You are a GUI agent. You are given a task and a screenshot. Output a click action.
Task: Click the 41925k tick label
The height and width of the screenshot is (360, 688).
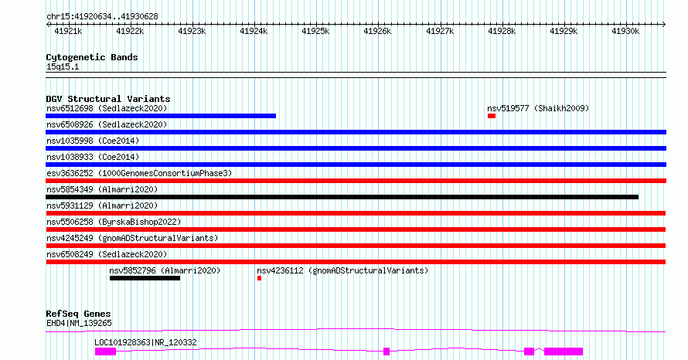point(315,32)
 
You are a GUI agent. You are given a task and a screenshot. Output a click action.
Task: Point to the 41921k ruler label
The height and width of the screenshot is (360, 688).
point(68,32)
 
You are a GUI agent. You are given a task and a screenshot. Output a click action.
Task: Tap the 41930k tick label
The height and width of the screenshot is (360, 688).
point(625,32)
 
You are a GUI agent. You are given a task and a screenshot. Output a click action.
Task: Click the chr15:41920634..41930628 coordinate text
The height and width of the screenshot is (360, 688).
point(102,17)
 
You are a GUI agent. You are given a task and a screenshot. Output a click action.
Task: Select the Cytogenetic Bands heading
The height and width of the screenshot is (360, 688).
point(92,57)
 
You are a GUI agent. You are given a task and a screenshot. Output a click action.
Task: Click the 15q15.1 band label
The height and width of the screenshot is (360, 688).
point(63,67)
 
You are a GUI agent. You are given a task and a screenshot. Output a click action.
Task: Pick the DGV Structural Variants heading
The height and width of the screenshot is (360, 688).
point(108,99)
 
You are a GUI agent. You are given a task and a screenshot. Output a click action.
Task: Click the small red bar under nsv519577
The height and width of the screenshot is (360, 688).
point(492,116)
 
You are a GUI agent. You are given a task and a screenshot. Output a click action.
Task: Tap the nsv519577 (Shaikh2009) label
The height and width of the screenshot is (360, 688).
point(538,108)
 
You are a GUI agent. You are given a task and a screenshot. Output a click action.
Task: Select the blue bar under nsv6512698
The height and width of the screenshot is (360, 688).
point(161,116)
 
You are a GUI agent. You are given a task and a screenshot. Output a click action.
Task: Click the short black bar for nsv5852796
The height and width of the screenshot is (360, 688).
point(145,278)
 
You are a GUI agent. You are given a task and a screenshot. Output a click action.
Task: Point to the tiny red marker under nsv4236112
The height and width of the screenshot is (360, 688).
point(259,278)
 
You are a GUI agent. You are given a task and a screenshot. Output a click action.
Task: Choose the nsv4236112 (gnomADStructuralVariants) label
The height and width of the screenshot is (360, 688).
point(342,270)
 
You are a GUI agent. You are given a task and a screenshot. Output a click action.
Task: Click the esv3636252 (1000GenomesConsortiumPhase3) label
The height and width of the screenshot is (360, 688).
point(139,173)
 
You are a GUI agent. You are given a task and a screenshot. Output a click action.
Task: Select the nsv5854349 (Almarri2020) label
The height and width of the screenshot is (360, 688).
point(102,189)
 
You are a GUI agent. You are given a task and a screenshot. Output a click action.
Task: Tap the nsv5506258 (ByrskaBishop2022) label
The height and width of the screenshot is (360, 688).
point(114,222)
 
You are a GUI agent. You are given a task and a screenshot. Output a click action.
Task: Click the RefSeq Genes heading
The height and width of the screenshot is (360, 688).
point(79,314)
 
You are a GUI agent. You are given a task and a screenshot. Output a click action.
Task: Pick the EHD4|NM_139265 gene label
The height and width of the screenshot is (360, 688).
point(79,324)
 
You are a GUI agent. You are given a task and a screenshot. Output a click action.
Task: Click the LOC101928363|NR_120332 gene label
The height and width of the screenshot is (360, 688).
point(145,342)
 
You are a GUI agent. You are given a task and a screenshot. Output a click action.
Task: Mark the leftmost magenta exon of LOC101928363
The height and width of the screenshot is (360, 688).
point(105,352)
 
